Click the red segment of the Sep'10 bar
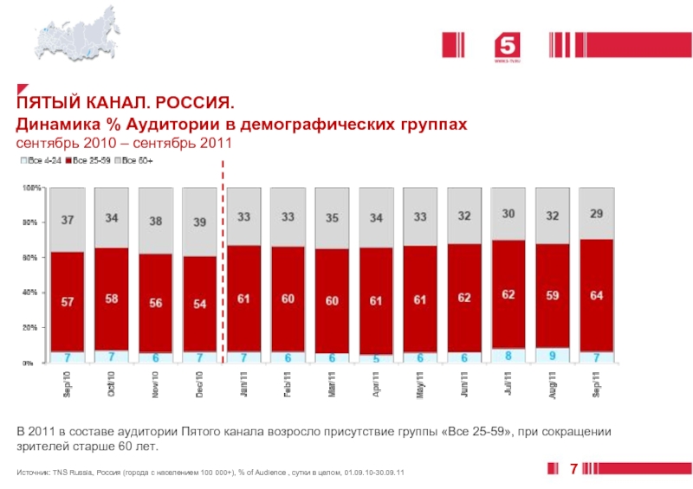click(67, 301)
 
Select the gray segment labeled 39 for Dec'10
click(199, 222)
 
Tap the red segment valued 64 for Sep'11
click(596, 295)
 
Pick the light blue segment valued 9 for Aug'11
click(552, 355)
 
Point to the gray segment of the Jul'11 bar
click(508, 214)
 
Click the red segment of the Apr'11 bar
click(376, 300)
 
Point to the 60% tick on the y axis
click(31, 258)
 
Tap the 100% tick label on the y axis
click(30, 187)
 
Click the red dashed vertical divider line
click(222, 260)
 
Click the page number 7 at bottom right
click(573, 468)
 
